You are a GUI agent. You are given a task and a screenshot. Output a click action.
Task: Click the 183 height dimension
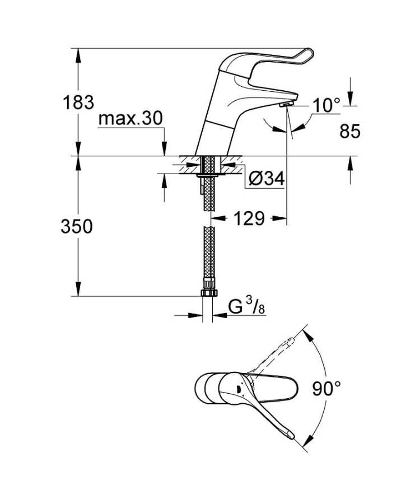78,102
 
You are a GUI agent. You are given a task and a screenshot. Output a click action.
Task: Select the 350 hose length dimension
77,226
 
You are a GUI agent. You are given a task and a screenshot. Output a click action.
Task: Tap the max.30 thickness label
130,118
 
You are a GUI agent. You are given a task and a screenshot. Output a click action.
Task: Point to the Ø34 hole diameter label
267,178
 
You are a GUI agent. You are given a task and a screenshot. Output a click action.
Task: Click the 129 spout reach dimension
249,218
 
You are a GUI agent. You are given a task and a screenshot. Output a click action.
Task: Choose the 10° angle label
326,105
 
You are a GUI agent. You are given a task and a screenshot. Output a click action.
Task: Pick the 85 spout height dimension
350,132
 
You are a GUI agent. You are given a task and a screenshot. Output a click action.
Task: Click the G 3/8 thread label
246,307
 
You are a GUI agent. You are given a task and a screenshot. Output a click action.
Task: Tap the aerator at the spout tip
286,104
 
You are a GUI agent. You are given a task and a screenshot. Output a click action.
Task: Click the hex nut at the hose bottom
209,292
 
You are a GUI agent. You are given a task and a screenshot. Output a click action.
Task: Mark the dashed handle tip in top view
291,342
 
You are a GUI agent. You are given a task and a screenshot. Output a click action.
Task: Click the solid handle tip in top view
290,435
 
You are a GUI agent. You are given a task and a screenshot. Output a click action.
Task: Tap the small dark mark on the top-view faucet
238,390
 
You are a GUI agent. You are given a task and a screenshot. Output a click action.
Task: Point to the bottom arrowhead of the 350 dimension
78,288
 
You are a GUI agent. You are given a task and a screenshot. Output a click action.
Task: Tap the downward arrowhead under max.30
164,149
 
